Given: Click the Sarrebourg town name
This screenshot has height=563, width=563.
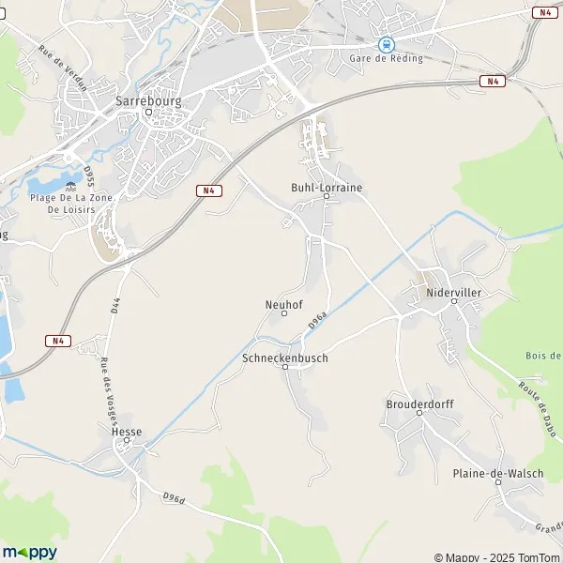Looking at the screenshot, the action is coord(147,98).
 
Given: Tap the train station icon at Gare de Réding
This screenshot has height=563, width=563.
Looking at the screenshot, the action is coord(385,43).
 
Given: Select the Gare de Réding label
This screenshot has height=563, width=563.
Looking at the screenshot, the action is coord(385,59).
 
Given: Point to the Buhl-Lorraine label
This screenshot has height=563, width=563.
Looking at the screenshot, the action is coord(327,188).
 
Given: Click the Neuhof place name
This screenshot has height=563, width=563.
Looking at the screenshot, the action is coord(283,304).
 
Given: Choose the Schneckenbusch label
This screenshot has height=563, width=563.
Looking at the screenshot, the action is coord(285,358).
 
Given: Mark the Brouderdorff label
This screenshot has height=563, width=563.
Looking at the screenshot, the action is coord(419,404).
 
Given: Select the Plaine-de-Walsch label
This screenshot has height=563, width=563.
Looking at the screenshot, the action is coord(497,474).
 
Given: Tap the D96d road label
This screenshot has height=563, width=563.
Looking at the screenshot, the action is coord(172,496).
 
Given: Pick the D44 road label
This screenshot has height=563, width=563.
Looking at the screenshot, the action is coord(115,306).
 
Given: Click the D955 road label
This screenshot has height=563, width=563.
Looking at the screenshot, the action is coord(89,177).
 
